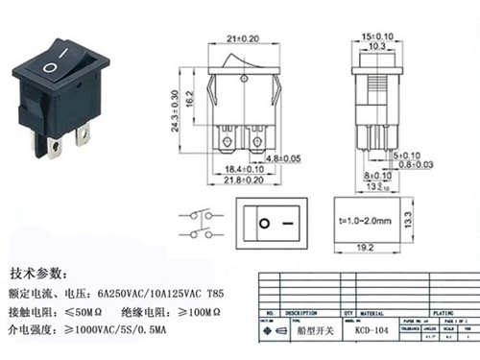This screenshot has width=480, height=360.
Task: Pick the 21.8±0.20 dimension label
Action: (x=243, y=180)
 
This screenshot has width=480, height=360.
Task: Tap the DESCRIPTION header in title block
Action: (x=298, y=313)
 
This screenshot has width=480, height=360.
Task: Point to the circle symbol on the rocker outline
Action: (x=264, y=223)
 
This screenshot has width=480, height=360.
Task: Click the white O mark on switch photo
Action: (x=49, y=68)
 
